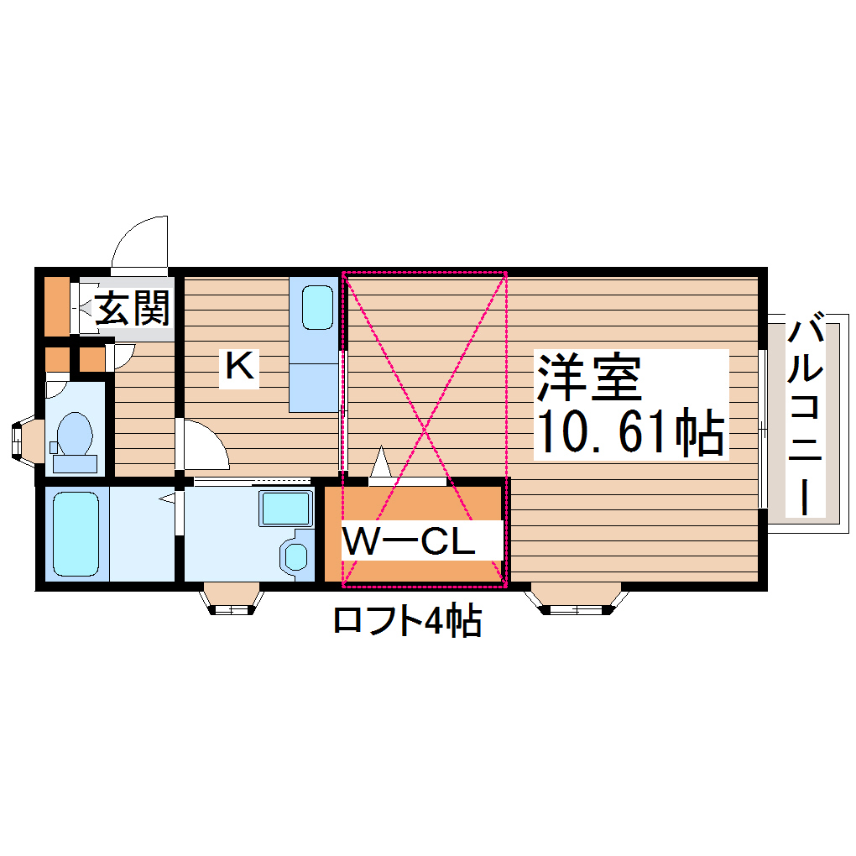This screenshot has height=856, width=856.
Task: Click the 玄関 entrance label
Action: pos(132,309)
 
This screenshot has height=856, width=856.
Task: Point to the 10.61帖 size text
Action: pos(629,431)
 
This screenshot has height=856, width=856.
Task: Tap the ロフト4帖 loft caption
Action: pos(407,621)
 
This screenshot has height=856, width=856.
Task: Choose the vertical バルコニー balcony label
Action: pos(805,416)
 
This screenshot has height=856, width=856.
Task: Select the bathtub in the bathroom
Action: pos(76,534)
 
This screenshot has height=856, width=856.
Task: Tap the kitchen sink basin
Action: pos(317,308)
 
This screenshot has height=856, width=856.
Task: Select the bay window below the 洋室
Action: pos(577,601)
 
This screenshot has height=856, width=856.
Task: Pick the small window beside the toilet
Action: pos(19,441)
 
